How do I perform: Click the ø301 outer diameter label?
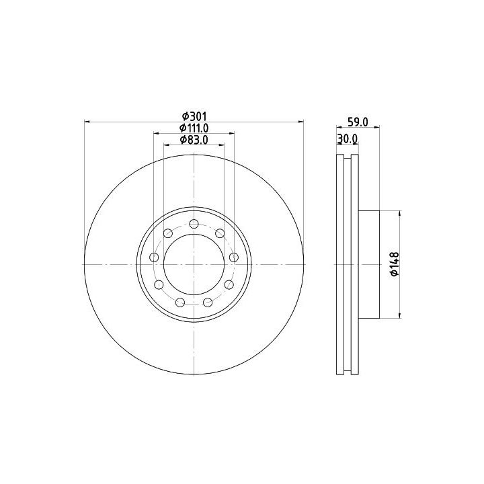(x=194, y=116)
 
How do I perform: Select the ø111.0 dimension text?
(x=194, y=128)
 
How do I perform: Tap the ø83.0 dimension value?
(x=194, y=140)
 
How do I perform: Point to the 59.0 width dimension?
(x=358, y=122)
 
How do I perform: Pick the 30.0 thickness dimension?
(x=348, y=139)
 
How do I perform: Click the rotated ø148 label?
(x=395, y=264)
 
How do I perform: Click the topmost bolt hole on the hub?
(x=194, y=224)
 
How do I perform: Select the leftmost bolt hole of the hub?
(x=154, y=257)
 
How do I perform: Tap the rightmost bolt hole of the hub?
(x=234, y=257)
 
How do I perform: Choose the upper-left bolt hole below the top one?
(x=168, y=233)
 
